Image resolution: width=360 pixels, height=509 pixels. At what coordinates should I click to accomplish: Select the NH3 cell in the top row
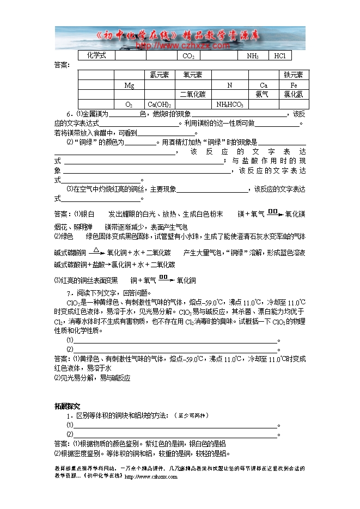[x=253, y=56]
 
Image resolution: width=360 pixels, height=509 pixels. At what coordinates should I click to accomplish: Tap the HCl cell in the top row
[x=280, y=56]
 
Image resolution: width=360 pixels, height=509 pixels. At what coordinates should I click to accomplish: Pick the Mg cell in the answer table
[x=129, y=85]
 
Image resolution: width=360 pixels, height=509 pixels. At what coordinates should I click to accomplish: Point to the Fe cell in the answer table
[x=294, y=85]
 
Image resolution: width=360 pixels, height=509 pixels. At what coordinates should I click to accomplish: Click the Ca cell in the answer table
[x=264, y=85]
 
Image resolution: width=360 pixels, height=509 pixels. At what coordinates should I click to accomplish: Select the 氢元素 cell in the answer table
[x=160, y=75]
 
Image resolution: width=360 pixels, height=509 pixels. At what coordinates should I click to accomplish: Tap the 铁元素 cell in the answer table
[x=294, y=75]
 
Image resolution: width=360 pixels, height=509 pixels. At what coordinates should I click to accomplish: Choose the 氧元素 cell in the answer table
[x=193, y=75]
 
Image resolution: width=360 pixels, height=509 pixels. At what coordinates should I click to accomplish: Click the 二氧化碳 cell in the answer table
[x=193, y=95]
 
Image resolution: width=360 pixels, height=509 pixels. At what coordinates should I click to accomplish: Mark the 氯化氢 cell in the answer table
[x=294, y=95]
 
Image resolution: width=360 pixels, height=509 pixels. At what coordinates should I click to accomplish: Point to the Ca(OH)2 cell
[x=160, y=105]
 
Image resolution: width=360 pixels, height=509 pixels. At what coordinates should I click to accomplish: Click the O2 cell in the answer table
[x=129, y=105]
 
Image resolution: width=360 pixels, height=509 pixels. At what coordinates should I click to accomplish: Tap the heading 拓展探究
[x=67, y=406]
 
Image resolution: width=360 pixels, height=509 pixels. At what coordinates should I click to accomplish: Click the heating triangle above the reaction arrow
[x=95, y=250]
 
